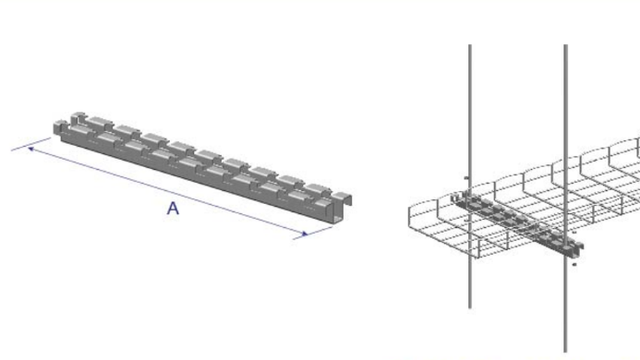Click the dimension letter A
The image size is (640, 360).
pos(173,209)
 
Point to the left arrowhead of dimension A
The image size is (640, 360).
pos(30,150)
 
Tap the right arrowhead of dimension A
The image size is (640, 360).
pos(305,234)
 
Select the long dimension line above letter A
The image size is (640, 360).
pos(167,192)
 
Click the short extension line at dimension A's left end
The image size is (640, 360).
pos(31,144)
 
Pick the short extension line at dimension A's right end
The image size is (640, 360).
pos(313,233)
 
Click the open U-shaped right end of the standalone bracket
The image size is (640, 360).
pos(342,207)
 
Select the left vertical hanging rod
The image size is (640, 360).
pos(470,176)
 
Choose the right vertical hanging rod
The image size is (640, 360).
pos(566,198)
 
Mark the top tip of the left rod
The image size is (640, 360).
pos(470,45)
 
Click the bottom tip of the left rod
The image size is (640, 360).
pos(470,307)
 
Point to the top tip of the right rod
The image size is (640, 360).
pos(566,45)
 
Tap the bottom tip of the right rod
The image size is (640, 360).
pos(566,351)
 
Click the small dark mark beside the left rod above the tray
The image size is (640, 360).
pos(466,177)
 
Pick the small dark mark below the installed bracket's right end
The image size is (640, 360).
pos(574,265)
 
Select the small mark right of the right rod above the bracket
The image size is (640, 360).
pos(574,232)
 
